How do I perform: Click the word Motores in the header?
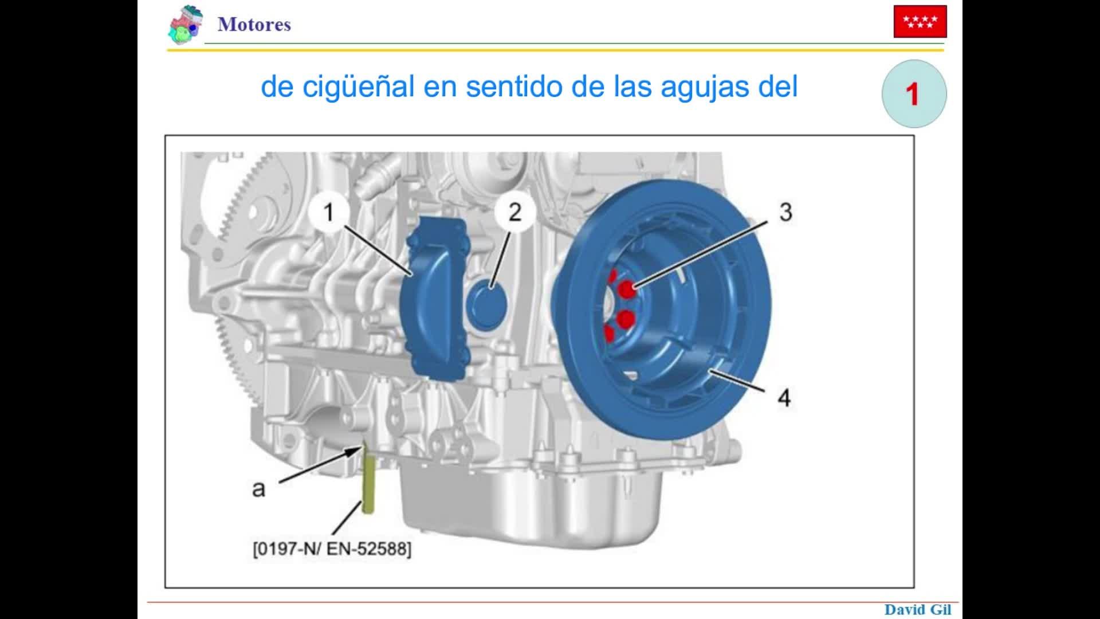tap(254, 25)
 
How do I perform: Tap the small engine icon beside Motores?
tap(186, 25)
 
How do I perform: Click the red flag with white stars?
tap(920, 22)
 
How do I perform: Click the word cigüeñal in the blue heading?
tap(358, 87)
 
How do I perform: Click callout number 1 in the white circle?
tap(328, 213)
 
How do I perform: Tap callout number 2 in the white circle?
tap(515, 213)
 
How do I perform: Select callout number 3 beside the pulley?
tap(786, 213)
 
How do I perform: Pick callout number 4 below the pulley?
tap(784, 398)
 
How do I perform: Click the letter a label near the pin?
tap(259, 489)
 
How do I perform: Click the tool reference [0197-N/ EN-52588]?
tap(332, 549)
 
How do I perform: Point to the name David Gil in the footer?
tap(918, 610)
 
